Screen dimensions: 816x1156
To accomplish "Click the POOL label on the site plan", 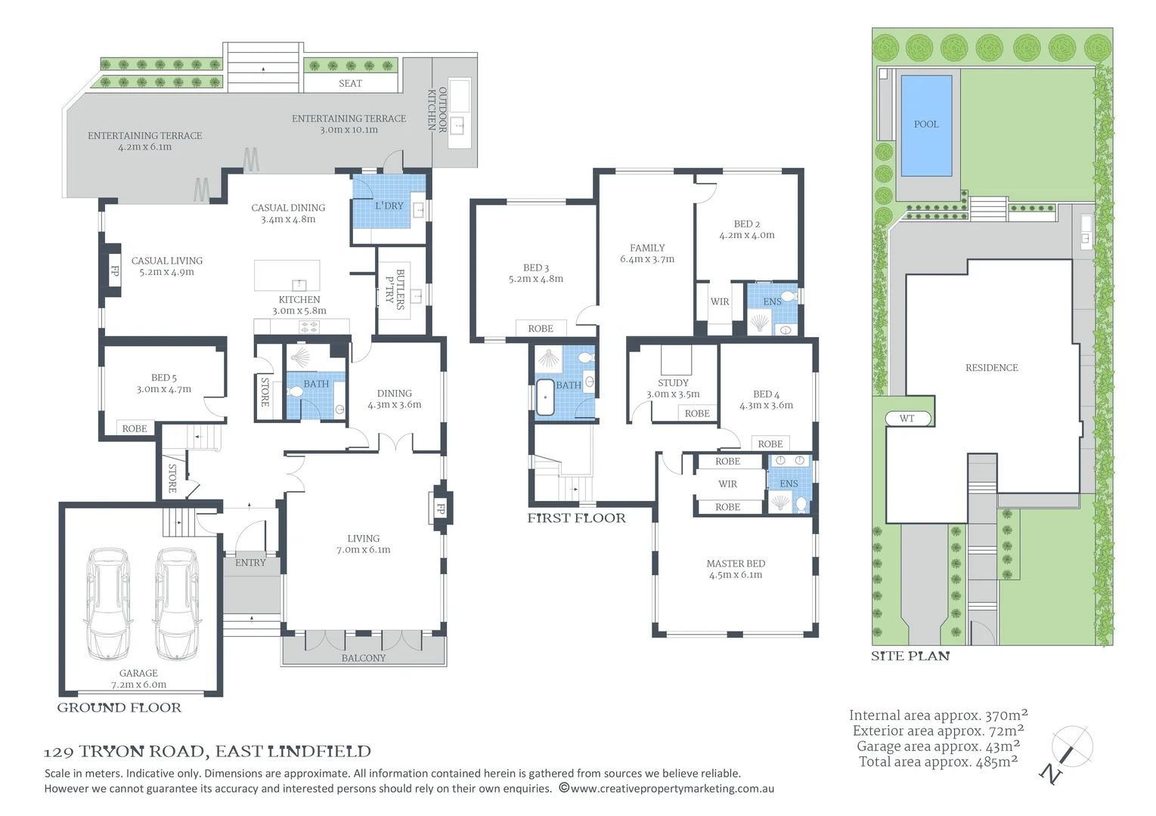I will coord(925,124).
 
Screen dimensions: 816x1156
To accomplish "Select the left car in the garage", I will coord(109,604).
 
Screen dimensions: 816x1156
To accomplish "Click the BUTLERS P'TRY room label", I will coord(395,289).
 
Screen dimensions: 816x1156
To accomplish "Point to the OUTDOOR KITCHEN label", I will coord(437,110).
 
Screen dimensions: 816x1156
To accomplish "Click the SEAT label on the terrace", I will coord(350,83).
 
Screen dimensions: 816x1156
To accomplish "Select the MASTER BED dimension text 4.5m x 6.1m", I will coord(735,575).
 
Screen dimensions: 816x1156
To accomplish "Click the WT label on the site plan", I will coord(907,418).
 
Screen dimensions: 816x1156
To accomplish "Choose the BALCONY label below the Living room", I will coord(363,658).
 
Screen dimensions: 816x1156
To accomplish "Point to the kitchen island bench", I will coord(287,275).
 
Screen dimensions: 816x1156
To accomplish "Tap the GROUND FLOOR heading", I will coord(119,708).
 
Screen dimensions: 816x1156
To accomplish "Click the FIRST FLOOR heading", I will coord(576,518).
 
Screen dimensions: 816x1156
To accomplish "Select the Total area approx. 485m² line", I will coord(938,762).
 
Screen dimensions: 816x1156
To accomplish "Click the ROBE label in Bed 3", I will coord(541,328).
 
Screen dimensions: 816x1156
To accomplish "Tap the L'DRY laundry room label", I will coord(389,206).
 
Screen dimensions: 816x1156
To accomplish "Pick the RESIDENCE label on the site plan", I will coord(991,367).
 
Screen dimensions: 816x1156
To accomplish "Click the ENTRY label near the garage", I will coord(250,563).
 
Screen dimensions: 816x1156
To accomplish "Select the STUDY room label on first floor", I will coord(673,382).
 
